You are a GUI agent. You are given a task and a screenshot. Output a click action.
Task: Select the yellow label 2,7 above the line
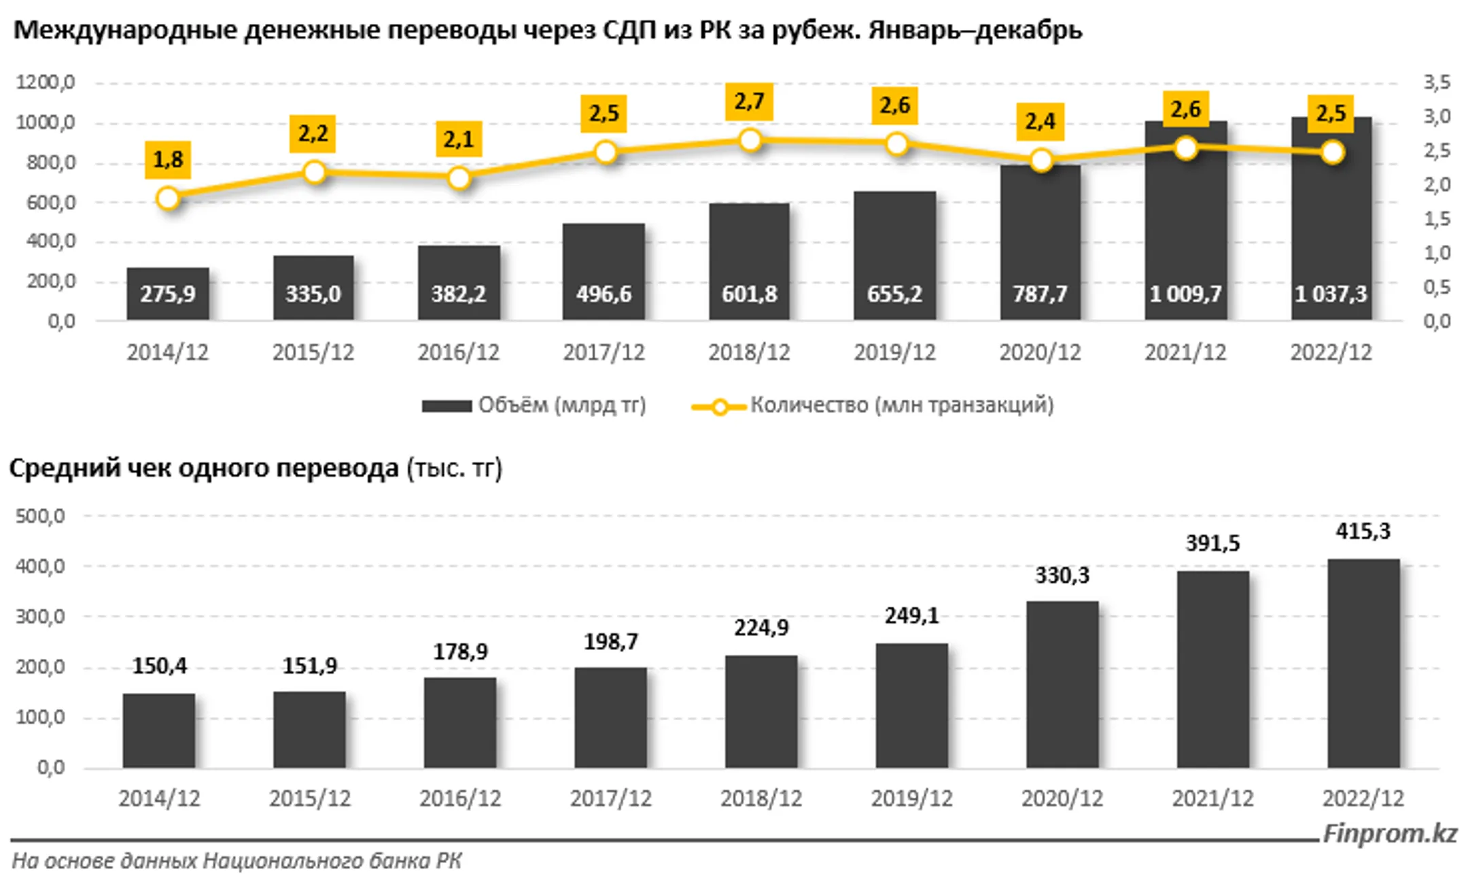pyautogui.click(x=749, y=102)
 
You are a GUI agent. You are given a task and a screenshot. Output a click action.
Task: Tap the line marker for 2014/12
pyautogui.click(x=168, y=199)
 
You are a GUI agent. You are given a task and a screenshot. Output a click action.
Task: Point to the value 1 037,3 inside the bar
pyautogui.click(x=1331, y=294)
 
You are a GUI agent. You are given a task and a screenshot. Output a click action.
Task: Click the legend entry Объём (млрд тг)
pyautogui.click(x=534, y=405)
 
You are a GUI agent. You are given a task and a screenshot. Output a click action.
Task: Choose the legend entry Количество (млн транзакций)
pyautogui.click(x=873, y=405)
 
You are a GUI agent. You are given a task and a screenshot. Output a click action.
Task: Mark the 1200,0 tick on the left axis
pyautogui.click(x=46, y=82)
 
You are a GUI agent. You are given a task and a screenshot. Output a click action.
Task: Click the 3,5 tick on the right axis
pyautogui.click(x=1437, y=82)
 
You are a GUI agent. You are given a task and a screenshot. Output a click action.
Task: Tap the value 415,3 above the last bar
pyautogui.click(x=1363, y=531)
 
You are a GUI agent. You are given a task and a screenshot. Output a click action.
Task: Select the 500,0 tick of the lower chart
pyautogui.click(x=40, y=516)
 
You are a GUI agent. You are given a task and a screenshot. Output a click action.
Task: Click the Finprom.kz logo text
pyautogui.click(x=1389, y=833)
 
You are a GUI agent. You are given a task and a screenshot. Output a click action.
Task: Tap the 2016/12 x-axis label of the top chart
pyautogui.click(x=458, y=352)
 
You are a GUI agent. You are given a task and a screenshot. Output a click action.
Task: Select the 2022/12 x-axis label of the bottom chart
pyautogui.click(x=1363, y=798)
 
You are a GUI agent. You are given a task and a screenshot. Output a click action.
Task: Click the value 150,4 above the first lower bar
pyautogui.click(x=159, y=666)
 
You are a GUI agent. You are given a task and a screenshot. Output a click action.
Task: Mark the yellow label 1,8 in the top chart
pyautogui.click(x=168, y=160)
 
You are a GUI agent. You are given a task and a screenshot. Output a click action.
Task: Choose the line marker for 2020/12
pyautogui.click(x=1041, y=161)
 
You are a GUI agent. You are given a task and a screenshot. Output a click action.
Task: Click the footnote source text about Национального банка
pyautogui.click(x=237, y=861)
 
